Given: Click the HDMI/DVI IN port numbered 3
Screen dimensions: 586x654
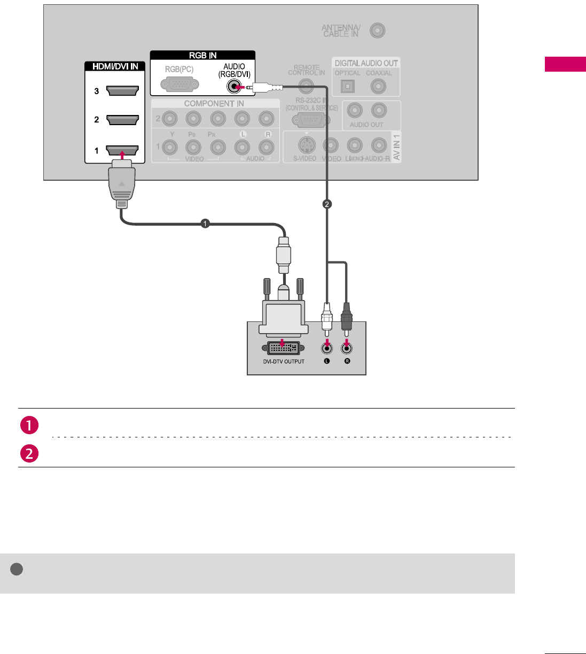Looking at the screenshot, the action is (x=122, y=91).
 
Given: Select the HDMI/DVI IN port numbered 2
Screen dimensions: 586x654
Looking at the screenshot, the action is (x=122, y=120).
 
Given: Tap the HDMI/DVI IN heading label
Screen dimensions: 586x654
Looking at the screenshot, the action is (x=115, y=66).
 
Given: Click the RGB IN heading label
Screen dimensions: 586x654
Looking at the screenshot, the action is (x=202, y=56).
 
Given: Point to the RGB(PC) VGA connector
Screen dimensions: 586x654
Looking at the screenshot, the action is (x=179, y=84).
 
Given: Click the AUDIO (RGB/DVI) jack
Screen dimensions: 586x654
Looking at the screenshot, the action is (x=233, y=87).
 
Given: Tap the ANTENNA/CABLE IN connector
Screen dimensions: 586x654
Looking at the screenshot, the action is (x=377, y=30).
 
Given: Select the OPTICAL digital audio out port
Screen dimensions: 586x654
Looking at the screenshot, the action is (x=348, y=86).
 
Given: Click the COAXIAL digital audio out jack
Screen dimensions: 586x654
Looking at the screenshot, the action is (x=378, y=86).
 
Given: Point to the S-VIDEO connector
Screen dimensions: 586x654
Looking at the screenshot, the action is (x=307, y=145).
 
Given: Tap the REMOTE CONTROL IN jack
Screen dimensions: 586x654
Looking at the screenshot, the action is (x=306, y=86).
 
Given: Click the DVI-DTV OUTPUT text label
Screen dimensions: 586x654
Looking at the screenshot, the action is (x=284, y=362).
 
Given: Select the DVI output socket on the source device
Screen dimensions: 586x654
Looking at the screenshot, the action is (x=283, y=348).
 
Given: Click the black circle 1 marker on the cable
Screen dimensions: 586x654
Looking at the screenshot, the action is (x=205, y=224).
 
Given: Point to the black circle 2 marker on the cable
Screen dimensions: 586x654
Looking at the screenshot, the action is (x=327, y=204).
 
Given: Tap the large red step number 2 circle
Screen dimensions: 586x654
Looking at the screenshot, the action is (x=29, y=453).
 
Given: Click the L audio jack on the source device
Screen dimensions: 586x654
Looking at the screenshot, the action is (x=326, y=349).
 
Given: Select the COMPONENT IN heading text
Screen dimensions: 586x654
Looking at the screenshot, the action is (x=214, y=104).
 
